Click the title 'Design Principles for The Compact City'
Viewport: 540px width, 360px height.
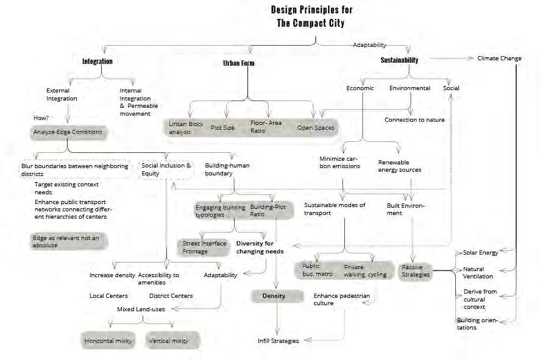pyautogui.click(x=311, y=16)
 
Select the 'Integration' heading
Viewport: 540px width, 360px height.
pyautogui.click(x=98, y=62)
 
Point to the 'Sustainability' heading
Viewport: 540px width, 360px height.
pyautogui.click(x=399, y=60)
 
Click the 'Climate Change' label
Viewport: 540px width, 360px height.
pyautogui.click(x=499, y=58)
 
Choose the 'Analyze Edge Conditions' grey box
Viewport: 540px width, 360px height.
pyautogui.click(x=67, y=132)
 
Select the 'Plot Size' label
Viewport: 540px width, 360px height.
pyautogui.click(x=222, y=128)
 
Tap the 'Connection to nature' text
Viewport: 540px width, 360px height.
pyautogui.click(x=414, y=119)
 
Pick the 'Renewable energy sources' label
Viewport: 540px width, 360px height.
pyautogui.click(x=399, y=166)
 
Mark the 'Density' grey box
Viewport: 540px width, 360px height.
pyautogui.click(x=274, y=296)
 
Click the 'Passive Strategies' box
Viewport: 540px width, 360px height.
pyautogui.click(x=416, y=270)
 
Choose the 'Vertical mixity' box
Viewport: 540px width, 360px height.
pyautogui.click(x=168, y=341)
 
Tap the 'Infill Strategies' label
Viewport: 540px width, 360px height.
pyautogui.click(x=278, y=341)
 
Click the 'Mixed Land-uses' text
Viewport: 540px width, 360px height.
pyautogui.click(x=141, y=309)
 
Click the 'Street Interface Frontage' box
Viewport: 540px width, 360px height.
pyautogui.click(x=204, y=247)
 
